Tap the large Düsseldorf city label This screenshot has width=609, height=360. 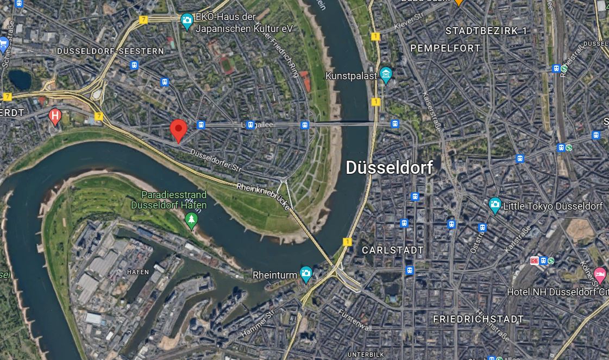pyautogui.click(x=390, y=168)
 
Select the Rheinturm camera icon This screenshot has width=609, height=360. pyautogui.click(x=306, y=275)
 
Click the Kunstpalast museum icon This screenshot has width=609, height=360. pyautogui.click(x=386, y=75)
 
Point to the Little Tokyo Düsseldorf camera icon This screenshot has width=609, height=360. pyautogui.click(x=494, y=206)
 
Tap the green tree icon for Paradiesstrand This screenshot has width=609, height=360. pyautogui.click(x=191, y=220)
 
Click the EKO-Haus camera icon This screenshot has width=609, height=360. pyautogui.click(x=187, y=21)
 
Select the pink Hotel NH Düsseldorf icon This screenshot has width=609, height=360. pyautogui.click(x=600, y=274)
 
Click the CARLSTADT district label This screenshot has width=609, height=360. pyautogui.click(x=393, y=250)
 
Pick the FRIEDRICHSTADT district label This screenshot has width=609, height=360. pyautogui.click(x=478, y=319)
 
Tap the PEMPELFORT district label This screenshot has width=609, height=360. pyautogui.click(x=445, y=48)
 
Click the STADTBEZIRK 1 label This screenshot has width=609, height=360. pyautogui.click(x=486, y=31)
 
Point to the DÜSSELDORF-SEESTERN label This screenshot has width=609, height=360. pyautogui.click(x=110, y=51)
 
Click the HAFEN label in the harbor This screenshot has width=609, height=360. pyautogui.click(x=137, y=271)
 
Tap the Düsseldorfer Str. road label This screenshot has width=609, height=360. pyautogui.click(x=216, y=161)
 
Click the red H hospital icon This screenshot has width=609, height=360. pyautogui.click(x=55, y=115)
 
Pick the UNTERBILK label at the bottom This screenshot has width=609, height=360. pyautogui.click(x=366, y=355)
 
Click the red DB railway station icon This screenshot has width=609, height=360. pyautogui.click(x=535, y=261)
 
